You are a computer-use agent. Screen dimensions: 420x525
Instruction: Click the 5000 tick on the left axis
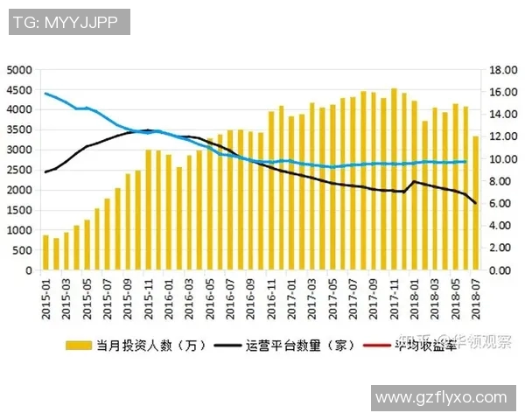[18, 69]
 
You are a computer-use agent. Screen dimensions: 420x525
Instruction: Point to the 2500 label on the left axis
[18, 170]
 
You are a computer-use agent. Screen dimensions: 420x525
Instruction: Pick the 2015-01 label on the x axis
[45, 294]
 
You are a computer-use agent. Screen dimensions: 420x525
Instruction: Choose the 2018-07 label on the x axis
[476, 294]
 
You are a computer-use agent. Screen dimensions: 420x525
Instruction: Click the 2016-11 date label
[271, 294]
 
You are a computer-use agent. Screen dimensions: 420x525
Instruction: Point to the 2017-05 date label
[332, 294]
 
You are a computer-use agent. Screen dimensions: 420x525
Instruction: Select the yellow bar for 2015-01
[45, 253]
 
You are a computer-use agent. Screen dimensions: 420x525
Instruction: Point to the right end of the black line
[476, 203]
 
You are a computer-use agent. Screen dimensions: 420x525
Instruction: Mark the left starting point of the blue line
[45, 93]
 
